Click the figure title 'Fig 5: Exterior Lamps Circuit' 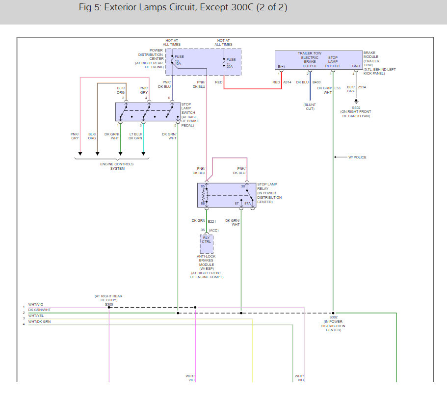(183, 8)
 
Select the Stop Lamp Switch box (148, 112)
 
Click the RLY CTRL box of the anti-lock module (206, 240)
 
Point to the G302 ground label (356, 107)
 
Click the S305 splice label (108, 304)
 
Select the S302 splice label (333, 317)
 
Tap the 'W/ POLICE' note (357, 157)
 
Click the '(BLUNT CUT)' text (310, 106)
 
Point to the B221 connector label (212, 221)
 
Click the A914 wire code (287, 82)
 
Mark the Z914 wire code (362, 87)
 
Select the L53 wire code (338, 87)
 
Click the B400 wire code (316, 82)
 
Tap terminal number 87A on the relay (248, 203)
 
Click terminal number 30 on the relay (243, 186)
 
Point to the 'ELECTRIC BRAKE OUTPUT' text (310, 61)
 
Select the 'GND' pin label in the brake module (356, 66)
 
